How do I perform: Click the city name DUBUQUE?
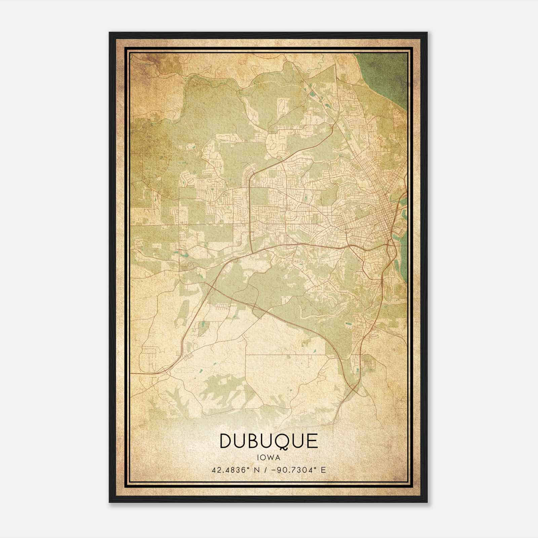point(269,441)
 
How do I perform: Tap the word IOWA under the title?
point(269,457)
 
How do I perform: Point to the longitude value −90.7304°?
point(295,470)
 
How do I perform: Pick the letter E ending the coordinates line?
point(323,470)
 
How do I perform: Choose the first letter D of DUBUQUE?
point(226,441)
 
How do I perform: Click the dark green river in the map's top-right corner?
point(390,74)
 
